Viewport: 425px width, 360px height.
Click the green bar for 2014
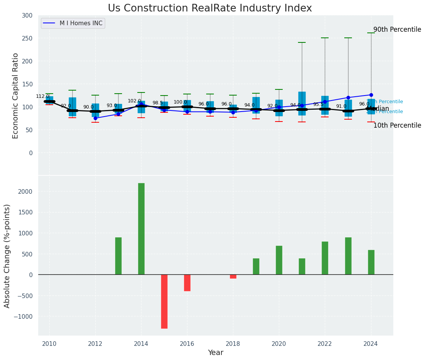pyautogui.click(x=141, y=229)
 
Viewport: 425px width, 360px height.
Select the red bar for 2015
pyautogui.click(x=164, y=301)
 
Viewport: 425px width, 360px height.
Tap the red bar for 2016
pyautogui.click(x=187, y=283)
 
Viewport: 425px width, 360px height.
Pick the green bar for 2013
pyautogui.click(x=118, y=256)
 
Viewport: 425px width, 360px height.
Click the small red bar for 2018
pyautogui.click(x=233, y=276)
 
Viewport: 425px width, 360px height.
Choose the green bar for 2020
pyautogui.click(x=279, y=260)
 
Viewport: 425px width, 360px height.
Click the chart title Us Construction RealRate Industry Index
pyautogui.click(x=210, y=8)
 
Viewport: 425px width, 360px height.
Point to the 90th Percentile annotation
pyautogui.click(x=397, y=29)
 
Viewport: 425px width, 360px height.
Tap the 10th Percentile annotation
pyautogui.click(x=397, y=125)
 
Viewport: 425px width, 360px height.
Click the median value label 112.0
pyautogui.click(x=42, y=96)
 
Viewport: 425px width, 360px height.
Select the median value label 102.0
pyautogui.click(x=134, y=101)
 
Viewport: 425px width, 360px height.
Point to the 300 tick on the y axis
pyautogui.click(x=27, y=15)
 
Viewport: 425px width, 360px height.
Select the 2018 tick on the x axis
pyautogui.click(x=233, y=344)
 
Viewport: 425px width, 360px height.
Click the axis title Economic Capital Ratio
pyautogui.click(x=16, y=96)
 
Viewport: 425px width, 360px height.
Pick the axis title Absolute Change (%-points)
pyautogui.click(x=7, y=256)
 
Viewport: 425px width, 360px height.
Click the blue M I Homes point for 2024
pyautogui.click(x=371, y=95)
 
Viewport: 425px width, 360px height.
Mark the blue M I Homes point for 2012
pyautogui.click(x=95, y=118)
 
